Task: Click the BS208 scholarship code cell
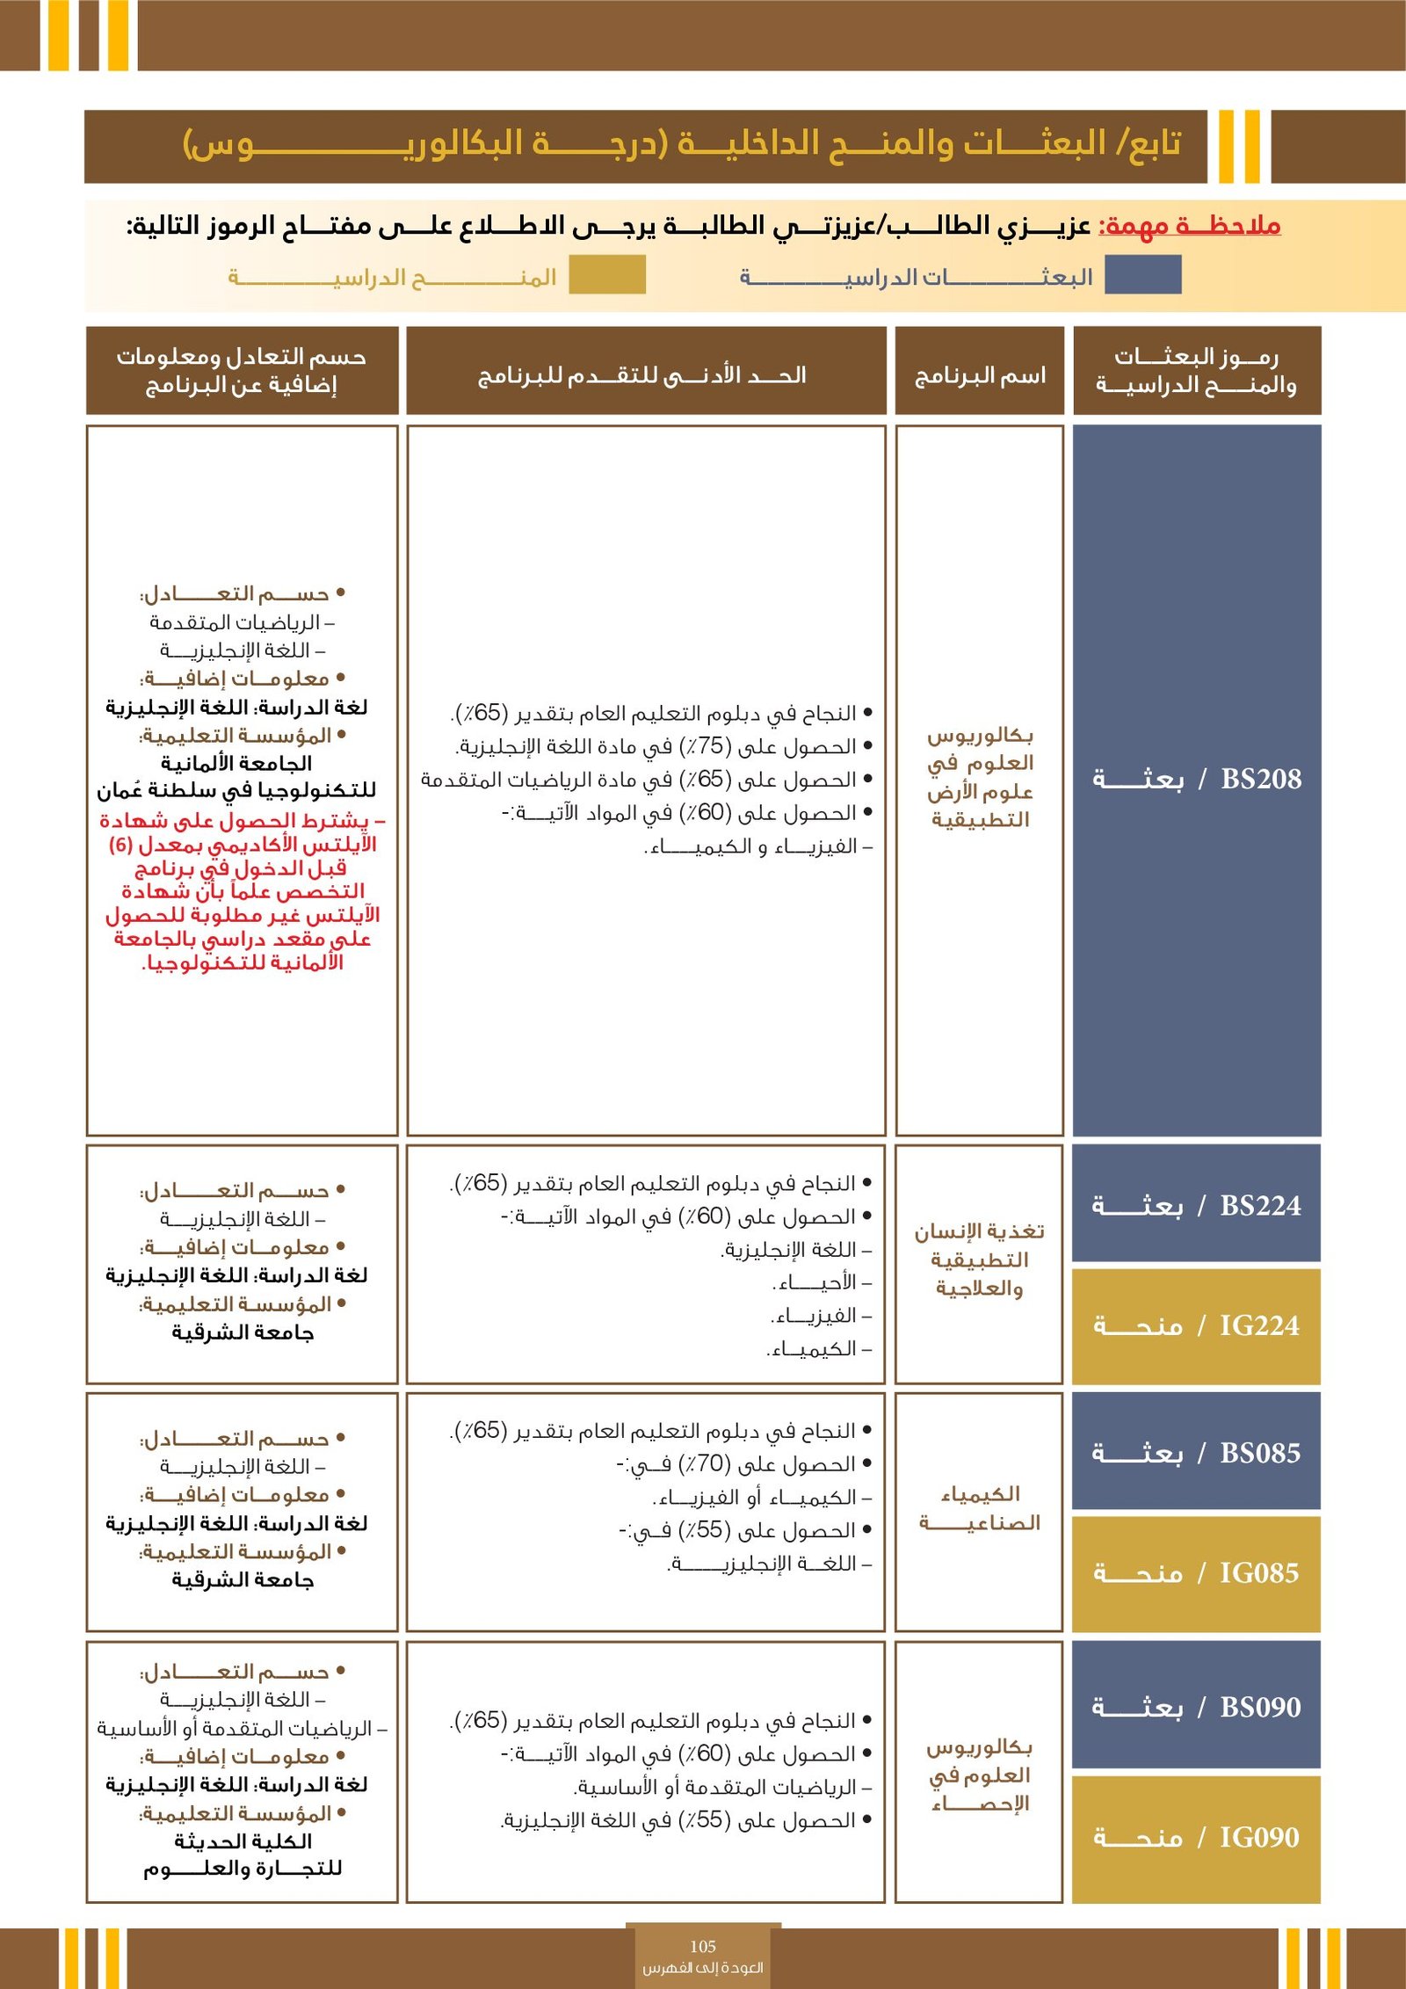(x=1197, y=780)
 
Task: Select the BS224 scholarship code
(x=1197, y=1205)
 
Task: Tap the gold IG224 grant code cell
(x=1197, y=1325)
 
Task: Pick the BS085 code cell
(x=1197, y=1453)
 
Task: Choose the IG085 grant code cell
(x=1197, y=1572)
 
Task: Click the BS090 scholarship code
(x=1197, y=1707)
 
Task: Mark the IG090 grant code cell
(x=1197, y=1838)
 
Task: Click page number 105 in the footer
(x=703, y=1947)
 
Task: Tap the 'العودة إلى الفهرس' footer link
(x=703, y=1968)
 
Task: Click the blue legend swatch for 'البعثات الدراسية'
(x=1142, y=274)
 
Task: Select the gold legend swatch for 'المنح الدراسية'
(x=607, y=274)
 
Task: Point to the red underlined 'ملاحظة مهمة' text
(x=1190, y=226)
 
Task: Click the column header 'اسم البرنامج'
(x=980, y=376)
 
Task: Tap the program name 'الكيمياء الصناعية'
(x=980, y=1508)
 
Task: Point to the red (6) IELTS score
(x=120, y=845)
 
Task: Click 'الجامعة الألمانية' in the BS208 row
(x=236, y=763)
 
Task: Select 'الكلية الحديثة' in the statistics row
(x=243, y=1840)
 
